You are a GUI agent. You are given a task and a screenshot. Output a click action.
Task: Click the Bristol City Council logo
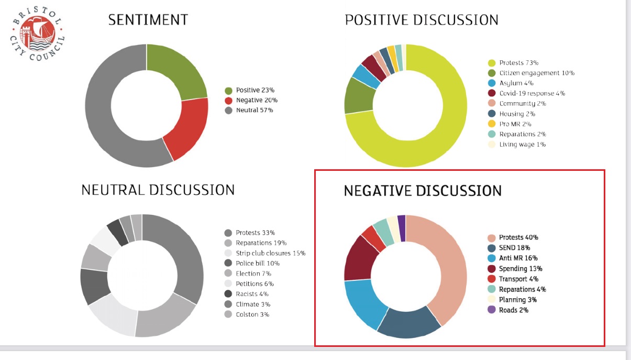37,33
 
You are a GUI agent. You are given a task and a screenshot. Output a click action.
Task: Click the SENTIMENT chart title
148,20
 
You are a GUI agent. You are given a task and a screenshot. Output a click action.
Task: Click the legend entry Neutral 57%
249,110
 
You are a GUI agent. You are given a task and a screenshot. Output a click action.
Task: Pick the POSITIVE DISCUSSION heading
422,20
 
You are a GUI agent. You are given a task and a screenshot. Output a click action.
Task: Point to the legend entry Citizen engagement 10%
532,73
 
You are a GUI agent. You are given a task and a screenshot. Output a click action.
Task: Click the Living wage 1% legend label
517,144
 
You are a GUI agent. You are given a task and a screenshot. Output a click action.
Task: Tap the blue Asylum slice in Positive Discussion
366,77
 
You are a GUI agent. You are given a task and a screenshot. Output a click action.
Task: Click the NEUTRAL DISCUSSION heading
158,190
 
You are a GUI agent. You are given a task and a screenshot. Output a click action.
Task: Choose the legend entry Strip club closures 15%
265,253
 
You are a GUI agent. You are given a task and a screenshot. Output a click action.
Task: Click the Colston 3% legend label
247,314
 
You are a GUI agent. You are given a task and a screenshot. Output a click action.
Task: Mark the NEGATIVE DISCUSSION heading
423,191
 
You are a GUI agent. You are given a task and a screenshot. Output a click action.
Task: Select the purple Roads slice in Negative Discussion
402,228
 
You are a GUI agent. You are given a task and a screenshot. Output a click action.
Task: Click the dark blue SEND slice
408,323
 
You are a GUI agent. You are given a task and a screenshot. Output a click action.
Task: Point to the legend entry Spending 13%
515,269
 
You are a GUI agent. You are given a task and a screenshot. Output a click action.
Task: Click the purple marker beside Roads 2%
492,310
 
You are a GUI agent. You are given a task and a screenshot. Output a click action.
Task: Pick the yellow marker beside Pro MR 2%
492,124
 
